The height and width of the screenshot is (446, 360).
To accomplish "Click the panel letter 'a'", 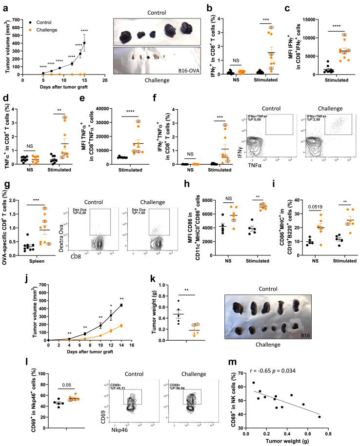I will coord(4,6).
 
